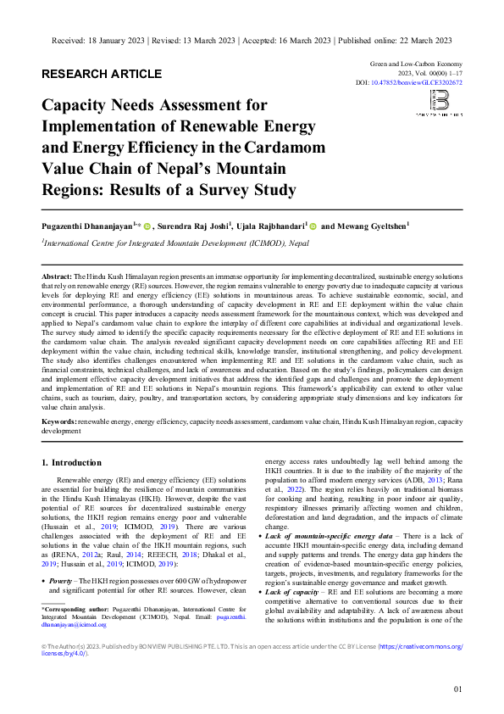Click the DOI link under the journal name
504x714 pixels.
432,83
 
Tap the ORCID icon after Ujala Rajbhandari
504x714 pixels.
313,226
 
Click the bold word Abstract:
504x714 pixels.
57,277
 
